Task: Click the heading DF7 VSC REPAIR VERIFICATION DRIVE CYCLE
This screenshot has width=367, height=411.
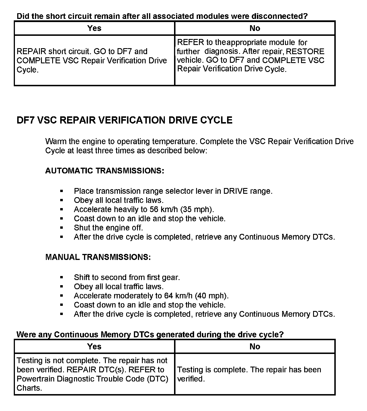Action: (x=124, y=120)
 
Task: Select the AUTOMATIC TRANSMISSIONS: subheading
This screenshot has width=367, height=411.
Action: (x=105, y=171)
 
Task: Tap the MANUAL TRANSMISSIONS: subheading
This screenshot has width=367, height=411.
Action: (x=98, y=257)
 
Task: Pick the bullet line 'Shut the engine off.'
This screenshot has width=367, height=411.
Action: (x=108, y=228)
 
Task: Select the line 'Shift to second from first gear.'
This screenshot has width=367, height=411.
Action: (x=127, y=277)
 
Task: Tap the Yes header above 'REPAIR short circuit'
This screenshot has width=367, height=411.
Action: (x=94, y=28)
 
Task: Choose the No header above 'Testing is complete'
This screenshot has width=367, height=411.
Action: (x=255, y=347)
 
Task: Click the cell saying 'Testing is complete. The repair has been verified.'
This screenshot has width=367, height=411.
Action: (x=249, y=374)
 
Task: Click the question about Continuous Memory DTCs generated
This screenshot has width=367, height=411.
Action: (x=150, y=334)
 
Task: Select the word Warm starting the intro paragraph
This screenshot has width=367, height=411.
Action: (x=56, y=141)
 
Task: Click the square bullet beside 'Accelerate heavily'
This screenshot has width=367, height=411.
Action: (x=62, y=210)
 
